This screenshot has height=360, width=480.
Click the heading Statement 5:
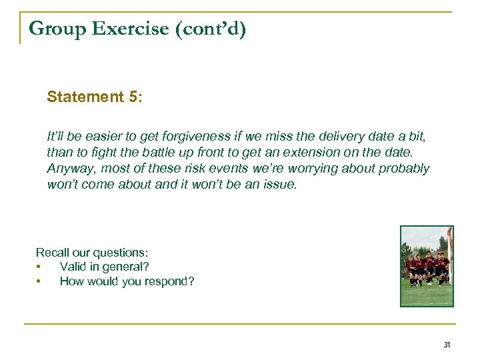coord(94,97)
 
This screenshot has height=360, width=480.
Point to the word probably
coord(405,168)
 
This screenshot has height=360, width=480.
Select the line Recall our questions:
coord(92,253)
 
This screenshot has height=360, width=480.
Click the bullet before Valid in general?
coord(41,267)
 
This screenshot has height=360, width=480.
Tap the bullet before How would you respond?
coord(41,281)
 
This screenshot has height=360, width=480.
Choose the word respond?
coord(171,281)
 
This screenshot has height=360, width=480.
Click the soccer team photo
coord(426,266)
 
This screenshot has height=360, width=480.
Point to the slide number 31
coord(447,345)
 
